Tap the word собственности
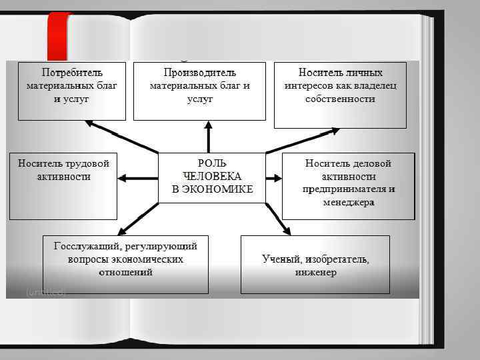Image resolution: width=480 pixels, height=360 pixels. click(x=340, y=99)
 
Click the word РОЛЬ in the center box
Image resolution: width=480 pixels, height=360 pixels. click(x=212, y=163)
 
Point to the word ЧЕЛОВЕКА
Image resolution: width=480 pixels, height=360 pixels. click(x=212, y=176)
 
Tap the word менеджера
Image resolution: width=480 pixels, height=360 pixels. click(x=349, y=201)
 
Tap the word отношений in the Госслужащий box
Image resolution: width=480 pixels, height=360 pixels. click(x=125, y=272)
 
